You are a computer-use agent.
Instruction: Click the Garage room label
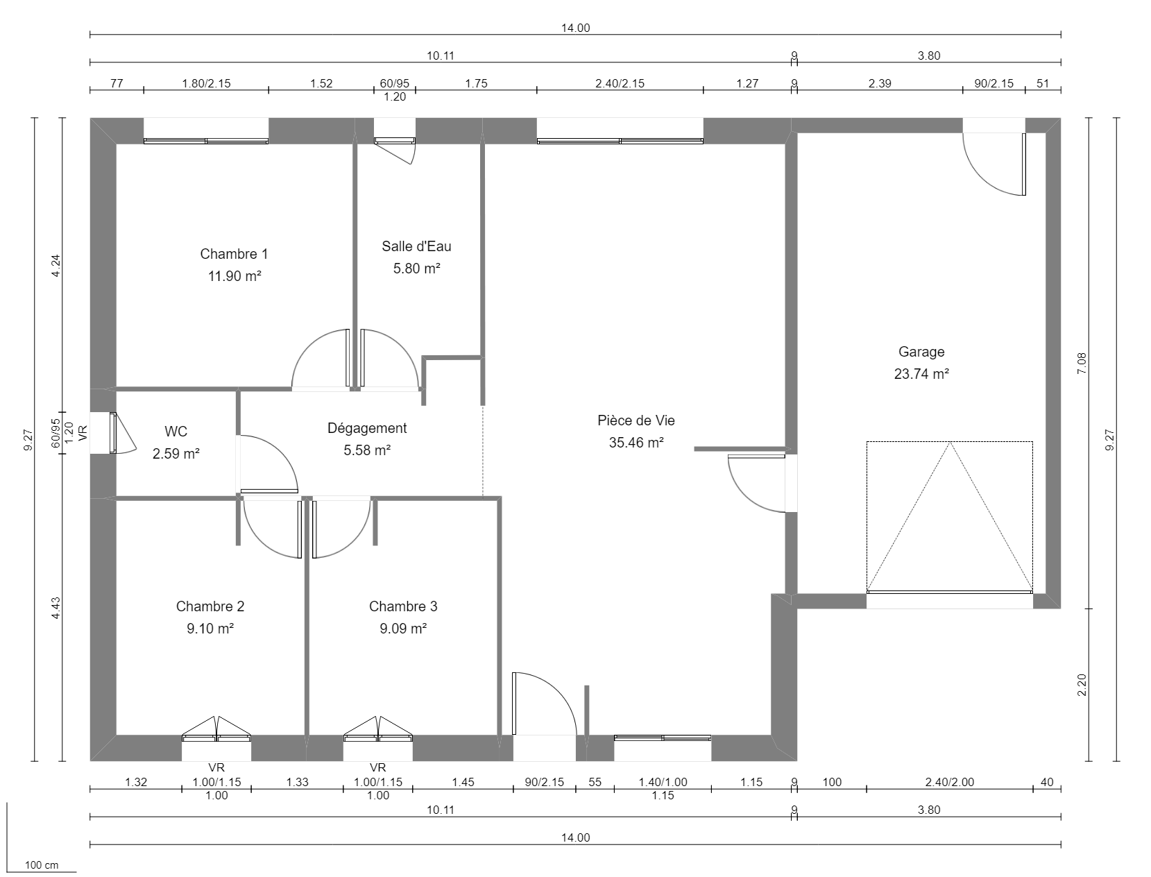(x=921, y=352)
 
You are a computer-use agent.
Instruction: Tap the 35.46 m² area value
(x=636, y=443)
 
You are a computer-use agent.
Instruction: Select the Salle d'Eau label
(x=416, y=246)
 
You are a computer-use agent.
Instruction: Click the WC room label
(x=176, y=432)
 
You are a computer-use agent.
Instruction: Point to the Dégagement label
(x=367, y=428)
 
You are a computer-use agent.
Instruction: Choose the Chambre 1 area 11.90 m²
(x=235, y=276)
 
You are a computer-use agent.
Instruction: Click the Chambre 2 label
(x=210, y=606)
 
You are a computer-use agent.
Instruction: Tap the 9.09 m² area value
(x=402, y=629)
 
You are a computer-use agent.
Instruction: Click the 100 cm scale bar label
(x=42, y=865)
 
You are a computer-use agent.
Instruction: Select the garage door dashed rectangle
(x=949, y=517)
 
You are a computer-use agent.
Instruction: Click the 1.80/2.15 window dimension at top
(x=206, y=83)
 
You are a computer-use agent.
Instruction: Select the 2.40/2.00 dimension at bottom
(x=949, y=782)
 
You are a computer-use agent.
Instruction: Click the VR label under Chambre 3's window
(x=377, y=768)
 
